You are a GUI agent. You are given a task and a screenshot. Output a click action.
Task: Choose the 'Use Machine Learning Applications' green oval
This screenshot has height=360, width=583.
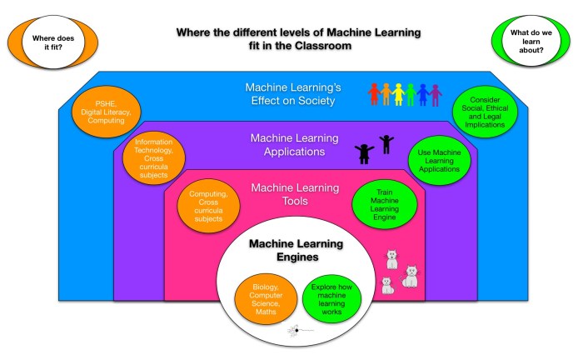(440, 158)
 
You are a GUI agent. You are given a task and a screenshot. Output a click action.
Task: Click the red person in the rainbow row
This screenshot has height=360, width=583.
(376, 93)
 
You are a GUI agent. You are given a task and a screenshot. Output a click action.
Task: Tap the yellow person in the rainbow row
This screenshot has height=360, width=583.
(399, 93)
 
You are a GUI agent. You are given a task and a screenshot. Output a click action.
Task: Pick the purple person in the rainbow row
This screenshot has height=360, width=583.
(434, 93)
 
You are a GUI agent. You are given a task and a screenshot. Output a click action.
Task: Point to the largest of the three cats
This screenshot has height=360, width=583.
(410, 276)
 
